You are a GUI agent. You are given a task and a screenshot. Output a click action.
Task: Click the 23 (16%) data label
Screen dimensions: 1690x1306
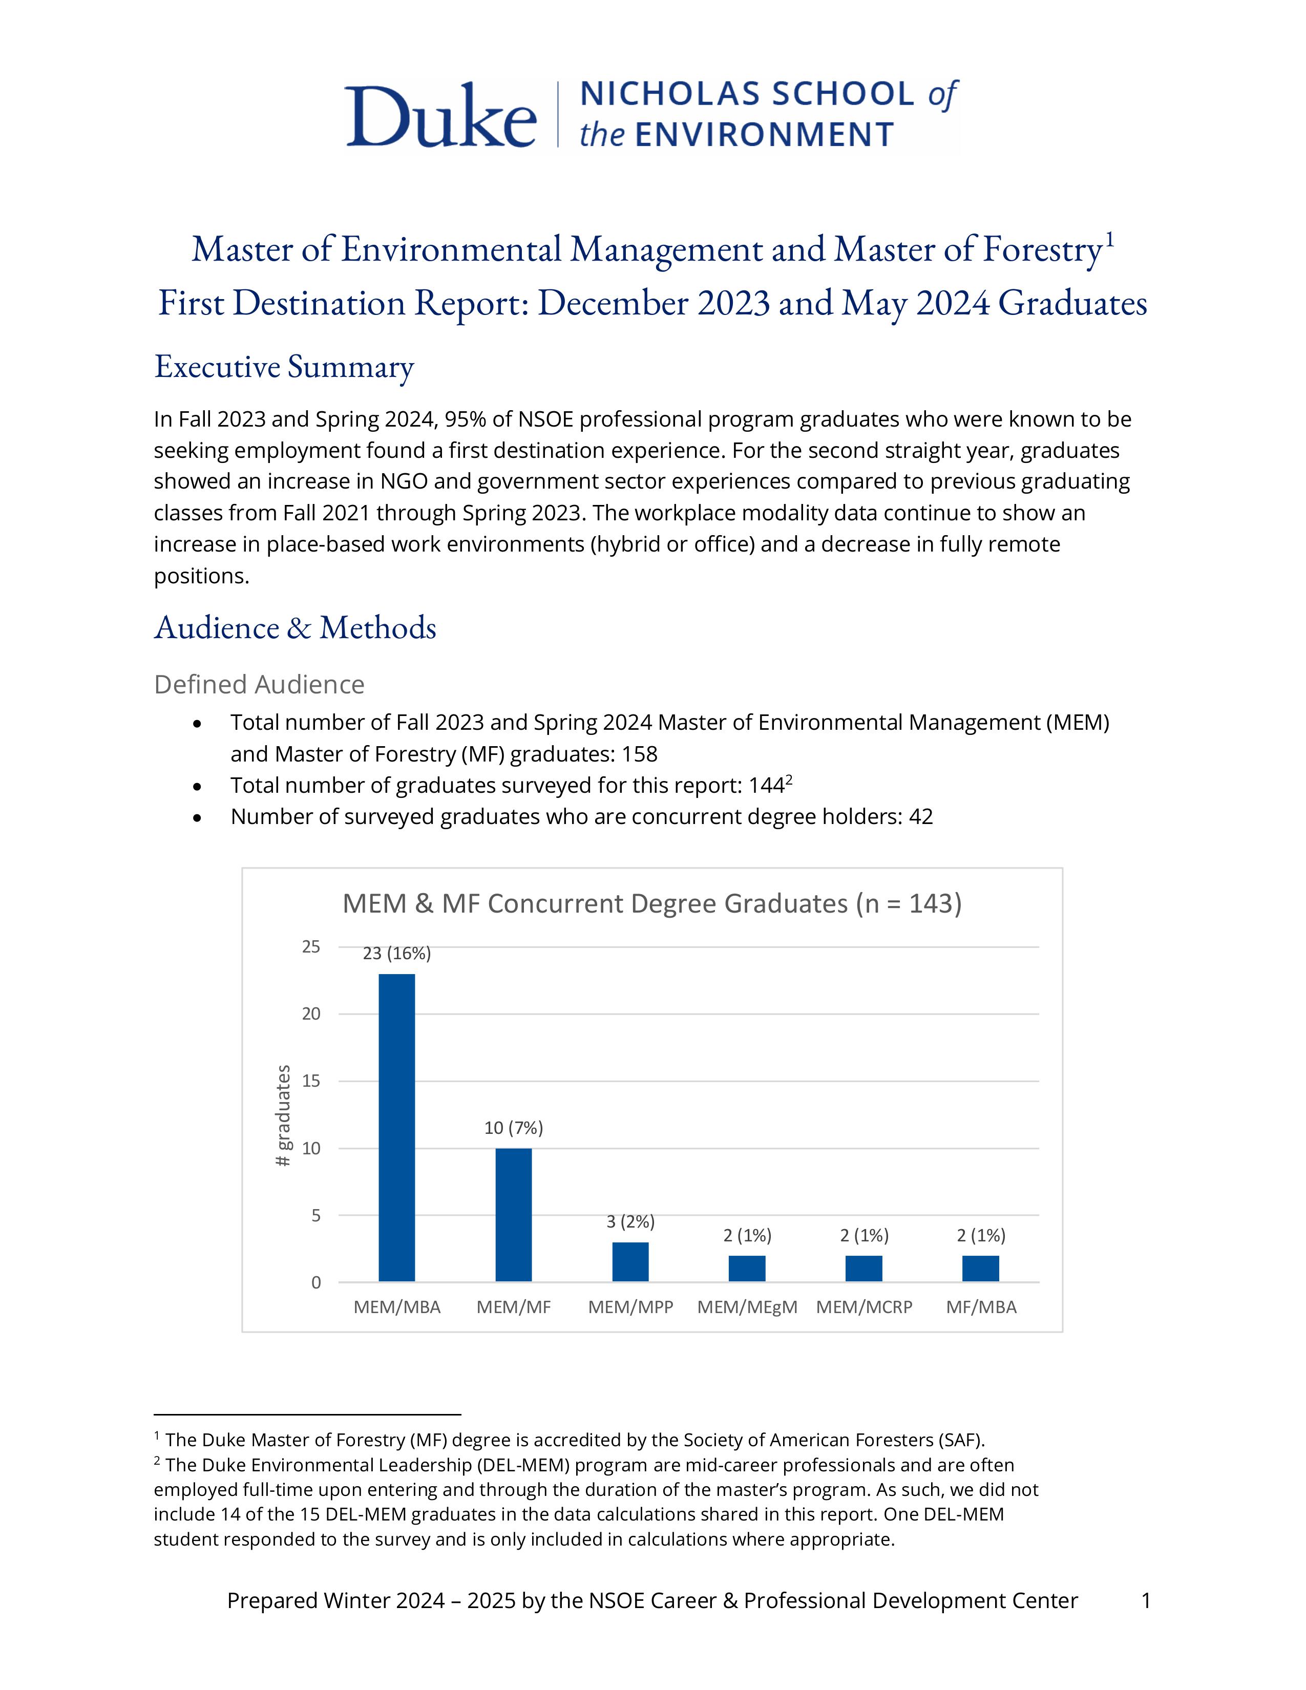pyautogui.click(x=397, y=954)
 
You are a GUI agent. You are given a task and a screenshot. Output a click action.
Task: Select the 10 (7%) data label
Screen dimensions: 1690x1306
pyautogui.click(x=514, y=1128)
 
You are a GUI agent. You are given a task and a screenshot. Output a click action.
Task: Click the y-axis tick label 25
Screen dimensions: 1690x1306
pyautogui.click(x=311, y=946)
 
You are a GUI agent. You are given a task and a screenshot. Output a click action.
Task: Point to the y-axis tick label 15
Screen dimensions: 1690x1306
pyautogui.click(x=311, y=1081)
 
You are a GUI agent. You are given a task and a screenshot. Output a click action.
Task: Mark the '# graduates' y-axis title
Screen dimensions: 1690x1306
pyautogui.click(x=284, y=1116)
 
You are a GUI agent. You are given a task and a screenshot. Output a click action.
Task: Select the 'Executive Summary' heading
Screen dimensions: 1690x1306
pyautogui.click(x=284, y=366)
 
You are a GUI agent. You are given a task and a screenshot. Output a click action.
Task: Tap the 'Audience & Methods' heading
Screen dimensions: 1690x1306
pyautogui.click(x=295, y=627)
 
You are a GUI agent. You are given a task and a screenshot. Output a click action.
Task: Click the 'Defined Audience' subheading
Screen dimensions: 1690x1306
pyautogui.click(x=259, y=684)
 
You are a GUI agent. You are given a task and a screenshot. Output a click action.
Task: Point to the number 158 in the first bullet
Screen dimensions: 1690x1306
pyautogui.click(x=639, y=754)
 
